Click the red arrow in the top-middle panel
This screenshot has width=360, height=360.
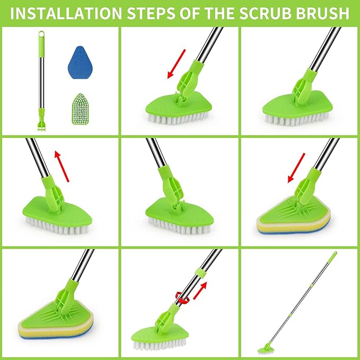click(x=177, y=64)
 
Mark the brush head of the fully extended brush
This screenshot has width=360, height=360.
click(x=264, y=349)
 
